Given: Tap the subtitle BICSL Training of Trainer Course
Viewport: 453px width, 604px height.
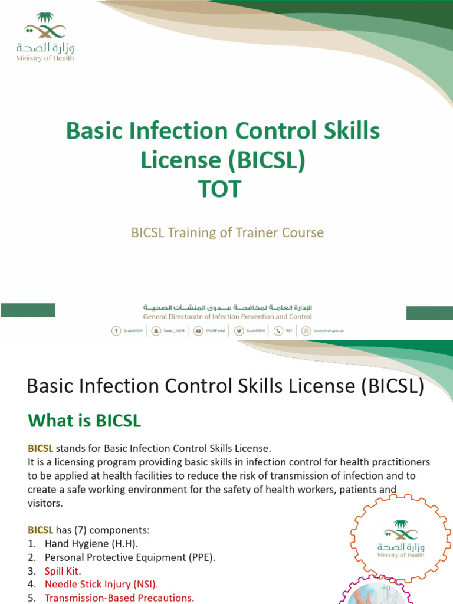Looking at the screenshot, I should (x=227, y=232).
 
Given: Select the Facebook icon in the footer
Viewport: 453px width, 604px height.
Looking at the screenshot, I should (x=116, y=331).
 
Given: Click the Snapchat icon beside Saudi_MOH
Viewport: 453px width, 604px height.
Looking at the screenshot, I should (x=156, y=331).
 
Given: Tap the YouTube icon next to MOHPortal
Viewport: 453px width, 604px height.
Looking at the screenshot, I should (x=199, y=331).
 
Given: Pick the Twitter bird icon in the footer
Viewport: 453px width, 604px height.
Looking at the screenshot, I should (x=239, y=331).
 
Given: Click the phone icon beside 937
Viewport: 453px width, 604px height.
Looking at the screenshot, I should (x=279, y=331).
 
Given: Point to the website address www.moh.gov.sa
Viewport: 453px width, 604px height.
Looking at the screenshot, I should (x=329, y=331).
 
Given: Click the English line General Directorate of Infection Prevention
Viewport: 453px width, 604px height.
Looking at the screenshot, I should (x=227, y=317).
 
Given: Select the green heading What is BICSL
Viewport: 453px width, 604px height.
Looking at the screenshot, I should (x=84, y=422).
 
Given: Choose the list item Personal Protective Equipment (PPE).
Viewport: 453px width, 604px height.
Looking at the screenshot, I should (x=129, y=557).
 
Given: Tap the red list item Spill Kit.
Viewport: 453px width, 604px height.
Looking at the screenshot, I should (x=63, y=571).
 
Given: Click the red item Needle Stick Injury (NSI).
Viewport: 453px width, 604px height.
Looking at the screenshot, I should (x=101, y=585).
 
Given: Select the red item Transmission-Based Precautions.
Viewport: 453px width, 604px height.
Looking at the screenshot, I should (x=119, y=598).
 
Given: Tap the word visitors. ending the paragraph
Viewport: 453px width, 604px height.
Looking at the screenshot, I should (x=45, y=504).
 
